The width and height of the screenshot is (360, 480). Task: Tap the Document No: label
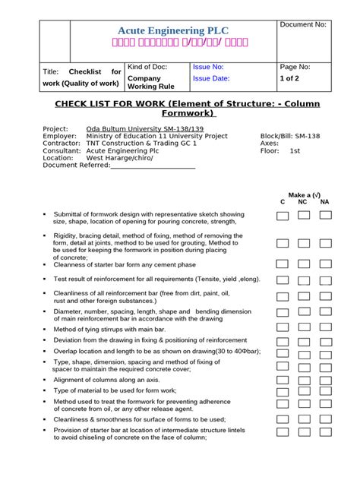point(303,26)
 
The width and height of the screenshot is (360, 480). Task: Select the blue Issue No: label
point(208,67)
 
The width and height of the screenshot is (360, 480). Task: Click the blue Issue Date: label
point(211,78)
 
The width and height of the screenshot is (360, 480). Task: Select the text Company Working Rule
point(151,83)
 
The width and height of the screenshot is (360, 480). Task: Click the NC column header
point(303,202)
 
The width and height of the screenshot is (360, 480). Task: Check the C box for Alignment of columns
point(283,378)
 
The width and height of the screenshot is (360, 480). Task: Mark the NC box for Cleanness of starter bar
point(304,264)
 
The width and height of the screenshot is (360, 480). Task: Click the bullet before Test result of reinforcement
point(46,279)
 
